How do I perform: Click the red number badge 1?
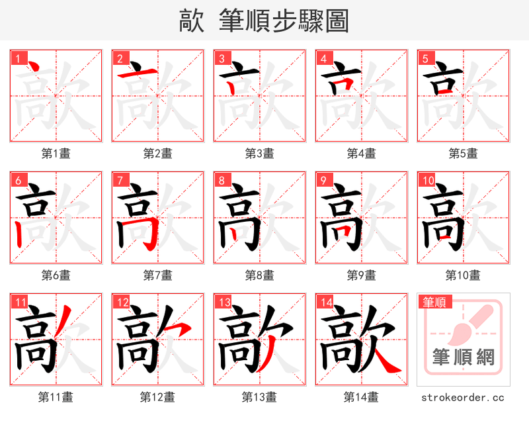(18, 58)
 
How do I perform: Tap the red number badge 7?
(120, 180)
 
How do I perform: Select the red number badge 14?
(325, 303)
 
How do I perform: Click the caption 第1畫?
(56, 154)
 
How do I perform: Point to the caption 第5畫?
(463, 154)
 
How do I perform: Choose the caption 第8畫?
(259, 275)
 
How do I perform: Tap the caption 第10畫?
(463, 275)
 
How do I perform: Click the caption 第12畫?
(157, 397)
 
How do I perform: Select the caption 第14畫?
(361, 397)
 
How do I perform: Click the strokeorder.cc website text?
(463, 398)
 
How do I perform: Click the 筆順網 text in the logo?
(463, 358)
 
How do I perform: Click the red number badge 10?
(427, 180)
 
